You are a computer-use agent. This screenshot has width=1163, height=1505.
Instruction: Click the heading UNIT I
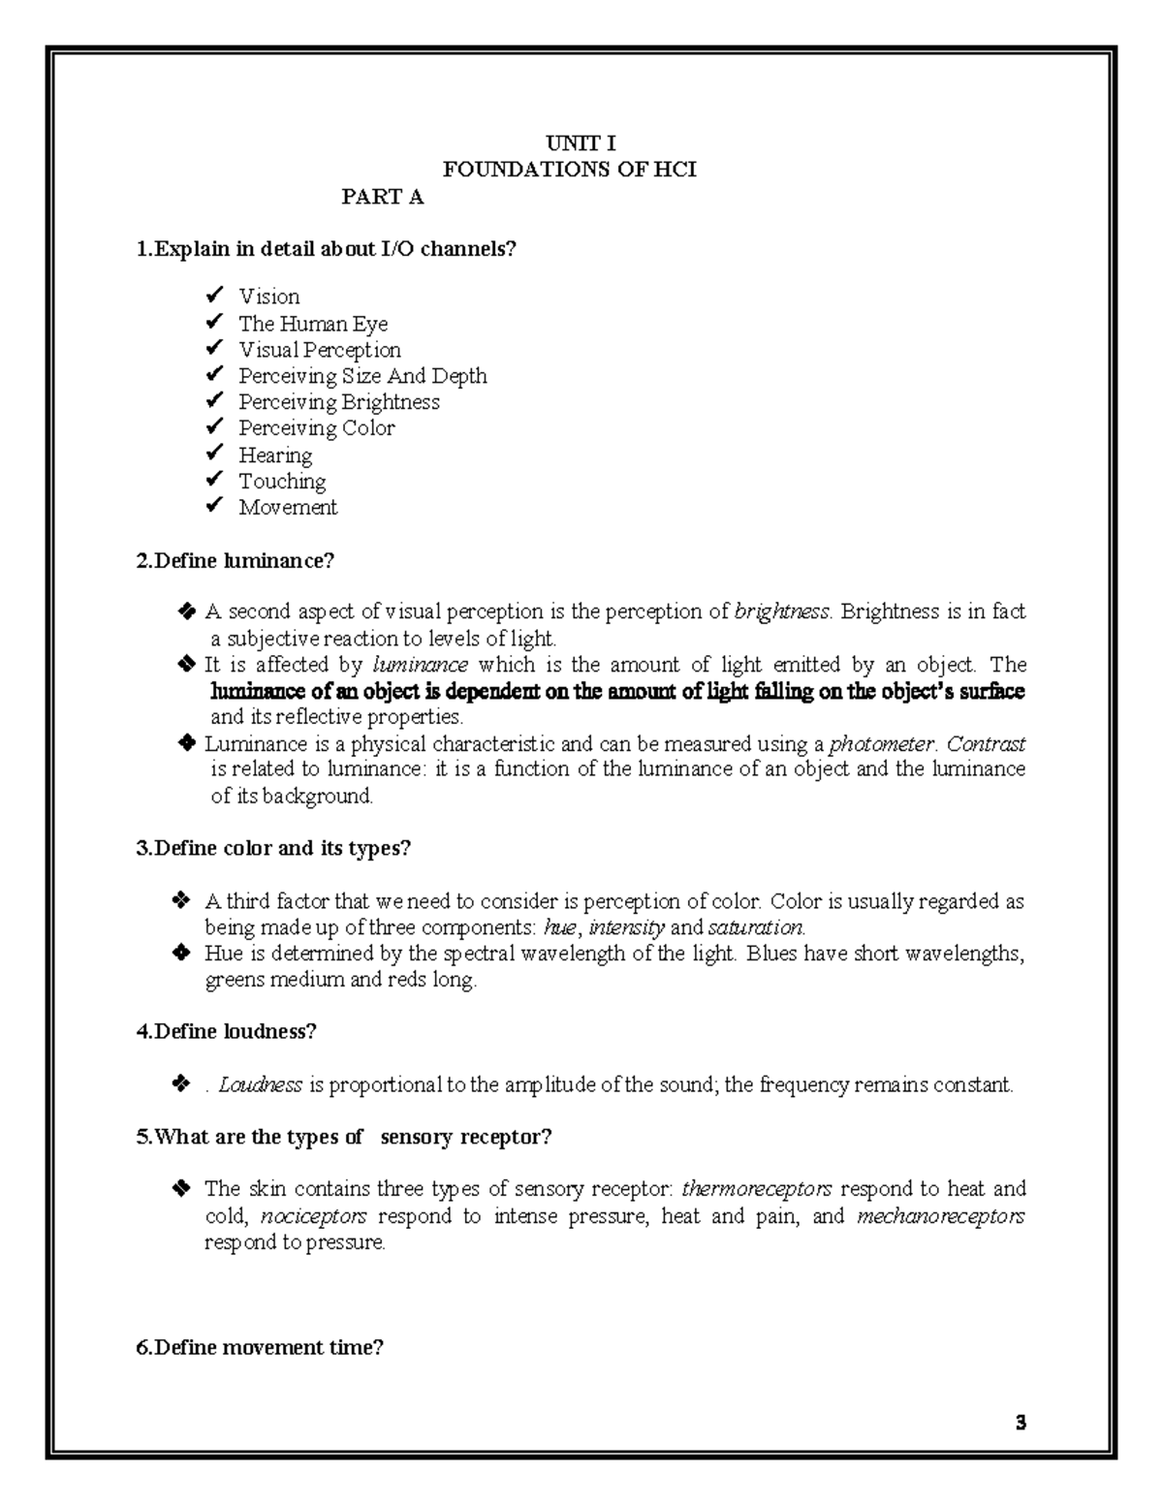click(x=581, y=144)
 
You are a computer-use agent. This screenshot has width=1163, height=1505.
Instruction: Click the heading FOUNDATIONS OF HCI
click(x=569, y=171)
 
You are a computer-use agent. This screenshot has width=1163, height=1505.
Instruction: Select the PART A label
click(x=382, y=198)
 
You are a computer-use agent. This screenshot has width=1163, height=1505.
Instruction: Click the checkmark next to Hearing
click(x=214, y=454)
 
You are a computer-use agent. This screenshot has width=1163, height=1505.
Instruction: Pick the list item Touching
click(x=282, y=481)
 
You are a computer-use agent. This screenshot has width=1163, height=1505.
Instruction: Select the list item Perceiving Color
click(x=316, y=428)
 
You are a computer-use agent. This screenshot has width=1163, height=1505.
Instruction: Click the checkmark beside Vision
click(x=214, y=296)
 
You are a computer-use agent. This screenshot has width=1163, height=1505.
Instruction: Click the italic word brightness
click(x=782, y=611)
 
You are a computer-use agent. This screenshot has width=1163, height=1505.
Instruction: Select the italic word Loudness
click(x=261, y=1084)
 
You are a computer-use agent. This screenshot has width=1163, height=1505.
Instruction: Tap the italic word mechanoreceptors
click(x=941, y=1216)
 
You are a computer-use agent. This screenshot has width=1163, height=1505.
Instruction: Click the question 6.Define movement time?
click(x=261, y=1347)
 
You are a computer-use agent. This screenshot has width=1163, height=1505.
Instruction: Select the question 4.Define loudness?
click(x=227, y=1032)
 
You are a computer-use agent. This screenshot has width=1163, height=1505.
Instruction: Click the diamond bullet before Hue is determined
click(x=180, y=954)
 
